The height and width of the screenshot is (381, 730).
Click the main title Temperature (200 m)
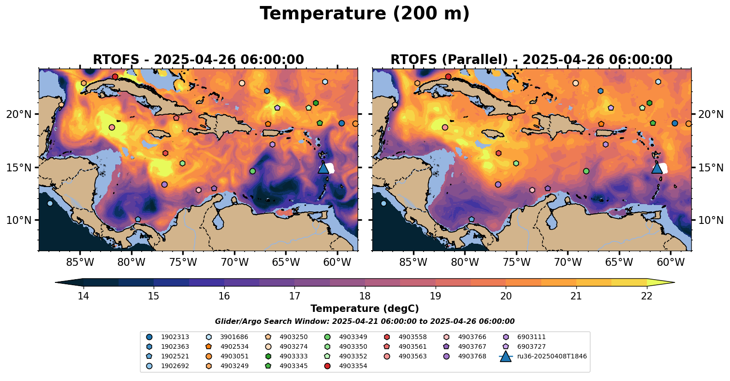(365, 14)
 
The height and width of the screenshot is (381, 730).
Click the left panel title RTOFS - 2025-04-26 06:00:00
(198, 60)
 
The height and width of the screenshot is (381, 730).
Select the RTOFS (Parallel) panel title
(532, 60)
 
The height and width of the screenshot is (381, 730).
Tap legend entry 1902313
(175, 337)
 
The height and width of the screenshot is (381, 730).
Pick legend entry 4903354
(353, 366)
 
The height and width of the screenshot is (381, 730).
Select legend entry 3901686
(234, 337)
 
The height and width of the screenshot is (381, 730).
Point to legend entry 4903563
(413, 357)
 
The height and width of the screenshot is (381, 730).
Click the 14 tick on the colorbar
(83, 296)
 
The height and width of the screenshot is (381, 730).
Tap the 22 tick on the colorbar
(647, 296)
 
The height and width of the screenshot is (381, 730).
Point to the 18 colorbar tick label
(365, 296)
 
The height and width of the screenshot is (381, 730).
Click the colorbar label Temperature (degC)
(365, 309)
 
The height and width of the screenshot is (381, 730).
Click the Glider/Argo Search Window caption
(365, 322)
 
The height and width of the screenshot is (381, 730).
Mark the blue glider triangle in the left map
(323, 168)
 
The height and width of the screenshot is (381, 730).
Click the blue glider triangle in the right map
(657, 168)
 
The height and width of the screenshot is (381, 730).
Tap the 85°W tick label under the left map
(80, 263)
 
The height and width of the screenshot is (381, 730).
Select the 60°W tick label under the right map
(670, 263)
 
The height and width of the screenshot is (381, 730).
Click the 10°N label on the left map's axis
(19, 220)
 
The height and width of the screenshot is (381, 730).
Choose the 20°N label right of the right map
(711, 114)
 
